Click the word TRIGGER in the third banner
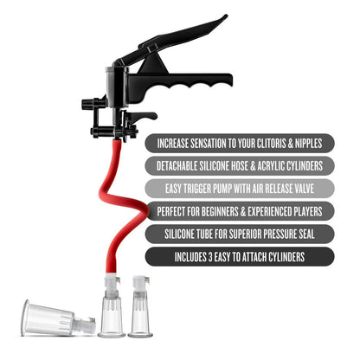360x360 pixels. (x=202, y=188)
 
